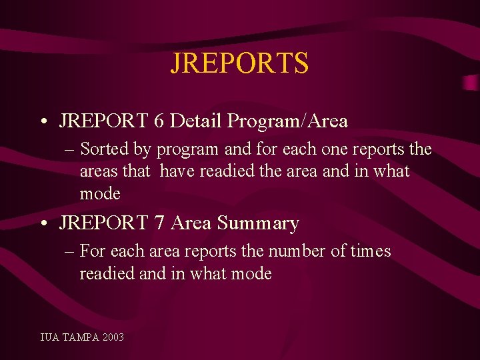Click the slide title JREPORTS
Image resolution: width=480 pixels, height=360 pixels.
239,63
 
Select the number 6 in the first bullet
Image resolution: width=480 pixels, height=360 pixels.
159,121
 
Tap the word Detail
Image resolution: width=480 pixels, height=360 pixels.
196,121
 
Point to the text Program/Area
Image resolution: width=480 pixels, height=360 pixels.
287,121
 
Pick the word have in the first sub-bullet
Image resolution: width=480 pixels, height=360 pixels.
176,171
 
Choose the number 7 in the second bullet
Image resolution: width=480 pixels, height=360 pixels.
159,223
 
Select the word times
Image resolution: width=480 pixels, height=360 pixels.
370,251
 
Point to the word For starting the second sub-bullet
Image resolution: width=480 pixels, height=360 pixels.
93,251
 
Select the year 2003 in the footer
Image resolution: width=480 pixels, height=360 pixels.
113,337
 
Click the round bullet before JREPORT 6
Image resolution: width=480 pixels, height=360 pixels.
43,123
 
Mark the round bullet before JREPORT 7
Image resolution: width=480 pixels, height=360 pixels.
43,224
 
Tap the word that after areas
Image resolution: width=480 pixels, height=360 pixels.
137,171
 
